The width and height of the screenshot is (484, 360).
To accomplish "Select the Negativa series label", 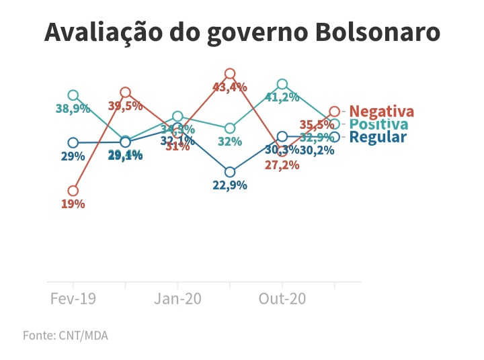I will pyautogui.click(x=381, y=111).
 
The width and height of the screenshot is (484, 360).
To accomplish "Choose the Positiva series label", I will pyautogui.click(x=378, y=125).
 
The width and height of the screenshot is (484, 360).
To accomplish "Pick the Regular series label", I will pyautogui.click(x=378, y=137).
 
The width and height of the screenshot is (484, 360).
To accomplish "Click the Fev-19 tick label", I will pyautogui.click(x=73, y=299).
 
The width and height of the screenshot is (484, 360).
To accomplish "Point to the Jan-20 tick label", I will pyautogui.click(x=178, y=299).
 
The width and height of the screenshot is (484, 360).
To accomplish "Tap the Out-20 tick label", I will pyautogui.click(x=282, y=299).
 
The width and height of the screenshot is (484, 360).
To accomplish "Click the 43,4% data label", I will pyautogui.click(x=230, y=87).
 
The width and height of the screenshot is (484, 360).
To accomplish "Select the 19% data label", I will pyautogui.click(x=73, y=204).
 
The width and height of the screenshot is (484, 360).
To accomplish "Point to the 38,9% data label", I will pyautogui.click(x=73, y=109).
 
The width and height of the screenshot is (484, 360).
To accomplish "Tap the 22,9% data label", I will pyautogui.click(x=230, y=185).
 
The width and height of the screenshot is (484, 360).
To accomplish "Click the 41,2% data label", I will pyautogui.click(x=282, y=97).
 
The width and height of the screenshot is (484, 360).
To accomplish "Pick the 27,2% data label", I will pyautogui.click(x=282, y=165).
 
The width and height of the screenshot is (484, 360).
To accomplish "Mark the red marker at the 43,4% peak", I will pyautogui.click(x=230, y=73).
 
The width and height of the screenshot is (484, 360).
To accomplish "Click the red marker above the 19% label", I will pyautogui.click(x=73, y=191).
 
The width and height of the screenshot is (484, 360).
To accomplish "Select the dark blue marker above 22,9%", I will pyautogui.click(x=230, y=172).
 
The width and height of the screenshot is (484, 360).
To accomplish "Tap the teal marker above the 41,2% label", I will pyautogui.click(x=282, y=84).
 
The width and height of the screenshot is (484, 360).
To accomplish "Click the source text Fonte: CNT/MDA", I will pyautogui.click(x=65, y=335).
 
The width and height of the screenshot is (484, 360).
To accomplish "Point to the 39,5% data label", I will pyautogui.click(x=125, y=106).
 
